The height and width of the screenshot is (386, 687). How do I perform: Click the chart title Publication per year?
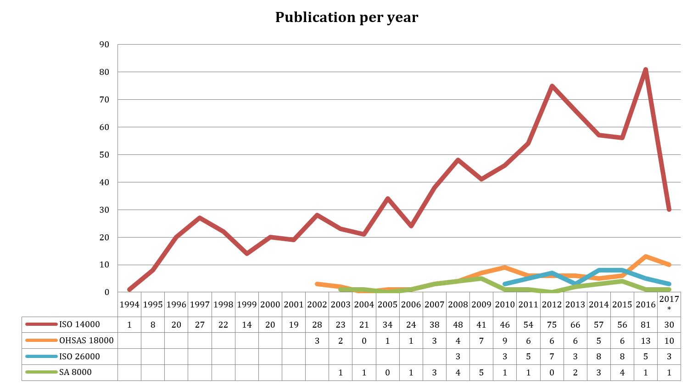(346, 17)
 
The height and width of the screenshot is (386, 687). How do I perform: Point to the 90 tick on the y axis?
(104, 45)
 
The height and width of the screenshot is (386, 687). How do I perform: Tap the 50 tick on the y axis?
(104, 155)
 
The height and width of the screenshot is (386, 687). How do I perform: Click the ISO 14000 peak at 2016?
(646, 70)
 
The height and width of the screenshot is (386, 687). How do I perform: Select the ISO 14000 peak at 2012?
(552, 86)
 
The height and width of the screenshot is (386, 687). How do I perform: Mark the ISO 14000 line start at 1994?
(129, 289)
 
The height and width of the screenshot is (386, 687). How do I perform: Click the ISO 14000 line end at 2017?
(669, 210)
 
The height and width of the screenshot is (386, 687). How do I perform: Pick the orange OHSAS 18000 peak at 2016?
(646, 256)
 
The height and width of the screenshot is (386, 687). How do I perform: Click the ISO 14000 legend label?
(79, 324)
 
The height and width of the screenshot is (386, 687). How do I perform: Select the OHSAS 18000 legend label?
(86, 341)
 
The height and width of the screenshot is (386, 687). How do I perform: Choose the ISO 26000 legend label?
(79, 357)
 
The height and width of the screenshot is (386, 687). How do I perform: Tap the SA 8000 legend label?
(75, 372)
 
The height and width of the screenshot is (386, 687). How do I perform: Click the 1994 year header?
(129, 304)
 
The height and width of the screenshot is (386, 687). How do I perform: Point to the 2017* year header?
(669, 303)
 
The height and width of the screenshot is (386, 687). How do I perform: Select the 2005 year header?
(387, 304)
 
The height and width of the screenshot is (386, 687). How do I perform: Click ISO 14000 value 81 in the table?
(646, 324)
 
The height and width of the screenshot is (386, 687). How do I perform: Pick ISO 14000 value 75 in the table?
(552, 324)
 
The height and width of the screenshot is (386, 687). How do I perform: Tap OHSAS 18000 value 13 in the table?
(646, 341)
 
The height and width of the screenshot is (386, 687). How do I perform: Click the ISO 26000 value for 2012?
(552, 357)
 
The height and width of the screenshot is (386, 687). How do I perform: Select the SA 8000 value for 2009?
(481, 372)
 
